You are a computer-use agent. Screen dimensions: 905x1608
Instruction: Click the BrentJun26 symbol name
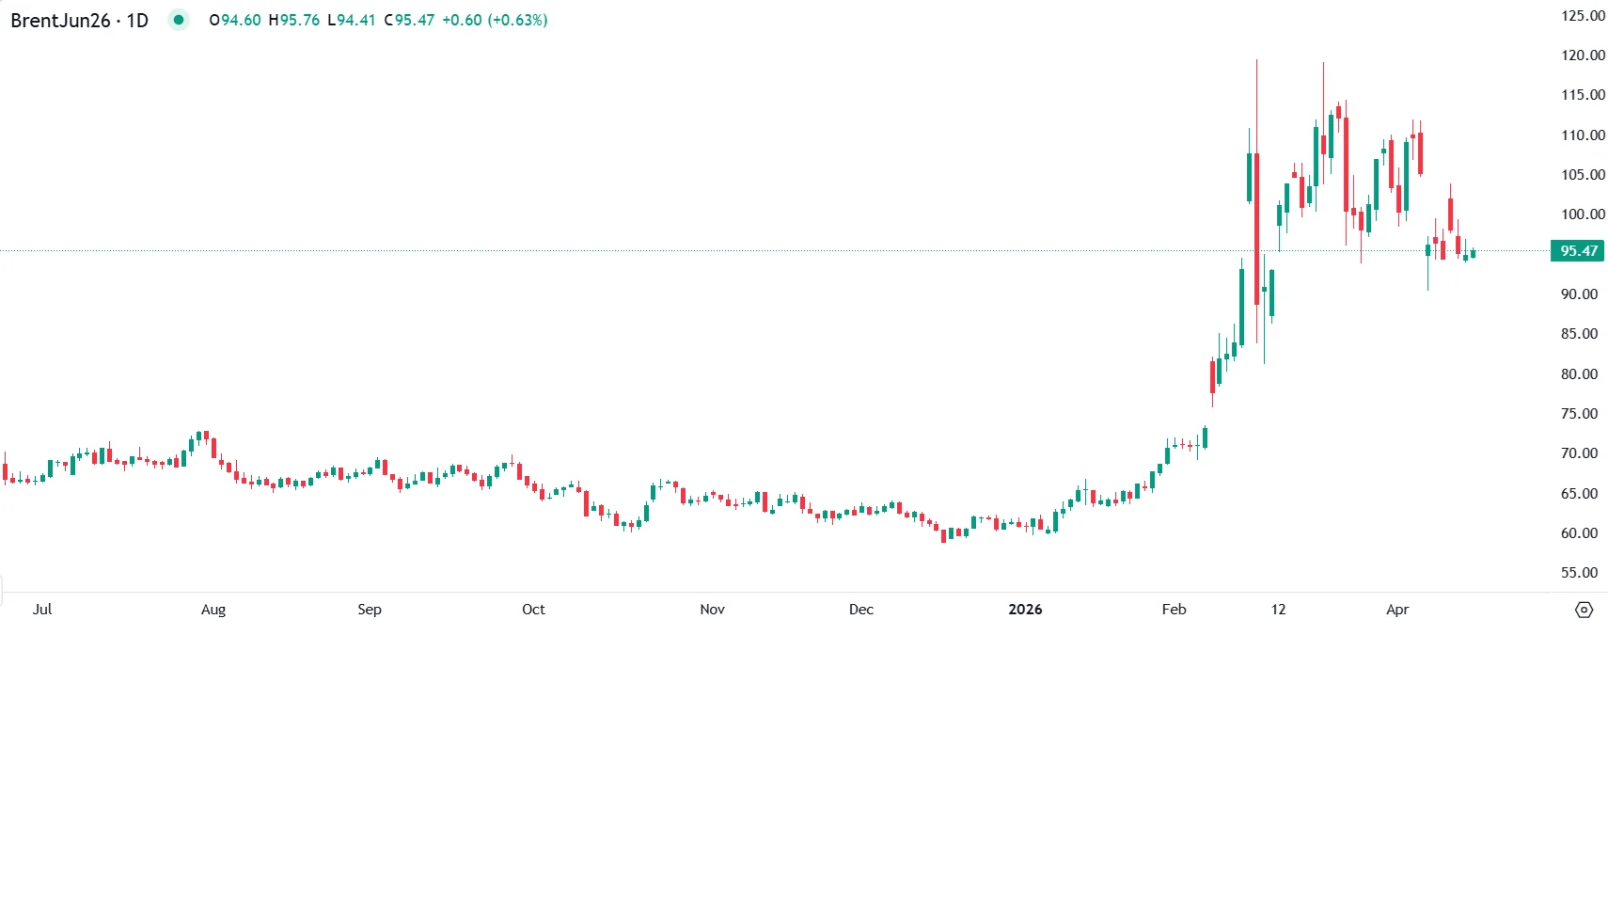click(x=60, y=21)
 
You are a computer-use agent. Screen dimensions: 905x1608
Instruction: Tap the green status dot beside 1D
click(x=179, y=20)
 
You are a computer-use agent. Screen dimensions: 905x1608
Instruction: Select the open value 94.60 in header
click(x=241, y=20)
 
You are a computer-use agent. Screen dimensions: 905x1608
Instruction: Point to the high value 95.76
click(x=300, y=20)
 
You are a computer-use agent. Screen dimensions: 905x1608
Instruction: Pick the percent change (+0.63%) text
click(x=516, y=20)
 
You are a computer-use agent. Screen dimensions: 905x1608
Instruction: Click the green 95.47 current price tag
click(x=1578, y=251)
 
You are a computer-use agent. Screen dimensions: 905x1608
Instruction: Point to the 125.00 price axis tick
click(x=1583, y=16)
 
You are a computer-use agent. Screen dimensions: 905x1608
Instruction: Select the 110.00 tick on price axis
click(x=1583, y=135)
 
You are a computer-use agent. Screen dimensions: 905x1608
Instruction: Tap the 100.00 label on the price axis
click(x=1583, y=214)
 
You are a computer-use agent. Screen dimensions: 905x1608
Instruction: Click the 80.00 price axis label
click(x=1579, y=374)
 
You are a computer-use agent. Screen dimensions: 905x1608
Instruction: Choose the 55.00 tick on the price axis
click(x=1579, y=573)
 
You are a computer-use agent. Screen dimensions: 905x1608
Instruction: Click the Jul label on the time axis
click(x=42, y=610)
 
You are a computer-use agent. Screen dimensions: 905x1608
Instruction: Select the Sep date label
click(x=370, y=610)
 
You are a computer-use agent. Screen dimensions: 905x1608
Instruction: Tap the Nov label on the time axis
click(x=712, y=610)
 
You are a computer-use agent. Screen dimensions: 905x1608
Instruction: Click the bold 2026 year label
click(x=1025, y=610)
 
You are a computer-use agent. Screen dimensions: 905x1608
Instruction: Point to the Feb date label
click(x=1174, y=610)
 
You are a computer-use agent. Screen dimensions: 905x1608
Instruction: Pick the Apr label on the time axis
click(x=1397, y=610)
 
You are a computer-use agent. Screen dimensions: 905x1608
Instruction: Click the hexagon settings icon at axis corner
click(x=1584, y=610)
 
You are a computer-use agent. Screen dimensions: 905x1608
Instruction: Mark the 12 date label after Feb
click(x=1278, y=610)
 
